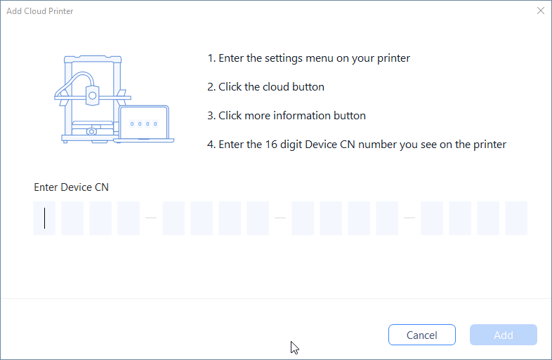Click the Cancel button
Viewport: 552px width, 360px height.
pyautogui.click(x=422, y=335)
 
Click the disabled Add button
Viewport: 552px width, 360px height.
pyautogui.click(x=504, y=335)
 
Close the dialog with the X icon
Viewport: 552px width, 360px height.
pyautogui.click(x=541, y=11)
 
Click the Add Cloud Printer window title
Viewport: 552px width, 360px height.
pyautogui.click(x=40, y=11)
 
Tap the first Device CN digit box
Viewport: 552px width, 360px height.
pyautogui.click(x=44, y=218)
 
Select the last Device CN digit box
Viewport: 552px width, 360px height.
pyautogui.click(x=516, y=218)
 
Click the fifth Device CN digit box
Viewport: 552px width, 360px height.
pyautogui.click(x=173, y=218)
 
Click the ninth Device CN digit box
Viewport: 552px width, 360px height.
pyautogui.click(x=303, y=218)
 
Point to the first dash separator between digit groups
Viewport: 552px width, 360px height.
pyautogui.click(x=151, y=218)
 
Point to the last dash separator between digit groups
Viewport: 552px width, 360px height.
pyautogui.click(x=409, y=218)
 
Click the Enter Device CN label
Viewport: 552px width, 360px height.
pyautogui.click(x=71, y=187)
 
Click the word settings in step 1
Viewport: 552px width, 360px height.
pyautogui.click(x=284, y=58)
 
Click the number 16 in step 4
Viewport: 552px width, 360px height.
pyautogui.click(x=271, y=145)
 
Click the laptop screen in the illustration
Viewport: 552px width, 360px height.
pyautogui.click(x=144, y=123)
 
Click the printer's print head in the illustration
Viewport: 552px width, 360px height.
pyautogui.click(x=92, y=95)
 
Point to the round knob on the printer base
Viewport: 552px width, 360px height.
pyautogui.click(x=91, y=132)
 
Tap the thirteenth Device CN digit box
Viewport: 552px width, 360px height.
pyautogui.click(x=432, y=218)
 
